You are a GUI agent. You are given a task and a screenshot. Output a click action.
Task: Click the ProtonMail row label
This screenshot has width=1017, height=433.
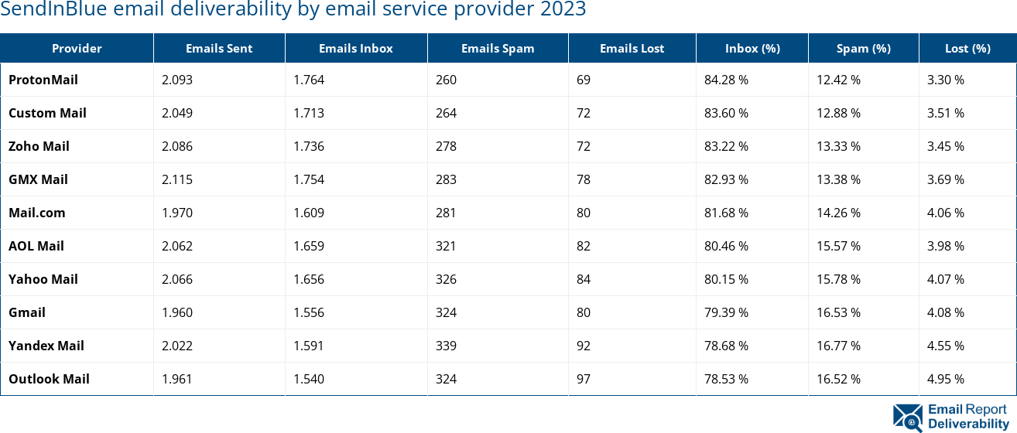(x=43, y=80)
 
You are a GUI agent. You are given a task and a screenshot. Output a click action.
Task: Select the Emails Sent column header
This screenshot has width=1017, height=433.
(x=219, y=48)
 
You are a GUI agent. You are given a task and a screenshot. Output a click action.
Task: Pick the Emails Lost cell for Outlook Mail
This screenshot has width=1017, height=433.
(x=584, y=379)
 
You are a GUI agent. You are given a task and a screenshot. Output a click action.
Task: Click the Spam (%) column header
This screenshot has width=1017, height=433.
(x=863, y=48)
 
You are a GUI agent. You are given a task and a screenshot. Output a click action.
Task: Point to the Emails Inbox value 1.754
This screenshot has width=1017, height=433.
(x=309, y=179)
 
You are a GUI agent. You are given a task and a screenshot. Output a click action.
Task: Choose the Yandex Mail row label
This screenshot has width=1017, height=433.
(x=46, y=346)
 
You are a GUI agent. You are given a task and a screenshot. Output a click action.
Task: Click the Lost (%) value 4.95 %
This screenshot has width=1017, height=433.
(x=946, y=379)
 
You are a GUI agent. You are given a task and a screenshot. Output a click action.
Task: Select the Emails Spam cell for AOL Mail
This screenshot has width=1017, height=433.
(x=446, y=246)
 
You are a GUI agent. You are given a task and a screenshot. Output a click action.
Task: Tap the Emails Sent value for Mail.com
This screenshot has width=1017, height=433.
(x=177, y=213)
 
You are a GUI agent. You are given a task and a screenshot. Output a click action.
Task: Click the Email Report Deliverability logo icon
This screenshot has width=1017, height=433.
(x=908, y=417)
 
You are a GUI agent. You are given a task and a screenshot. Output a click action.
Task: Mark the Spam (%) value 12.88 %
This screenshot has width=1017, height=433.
(x=839, y=113)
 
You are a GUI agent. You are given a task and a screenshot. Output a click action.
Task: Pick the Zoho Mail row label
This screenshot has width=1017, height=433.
(x=39, y=146)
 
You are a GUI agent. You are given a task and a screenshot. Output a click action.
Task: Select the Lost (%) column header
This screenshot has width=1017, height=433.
(x=967, y=48)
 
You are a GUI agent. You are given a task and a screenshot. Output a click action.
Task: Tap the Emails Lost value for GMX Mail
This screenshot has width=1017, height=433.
(x=584, y=179)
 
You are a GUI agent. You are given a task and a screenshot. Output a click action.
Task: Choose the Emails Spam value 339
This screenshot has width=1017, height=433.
(x=446, y=346)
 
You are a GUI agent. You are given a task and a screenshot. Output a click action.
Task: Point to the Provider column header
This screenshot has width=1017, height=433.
(x=77, y=48)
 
